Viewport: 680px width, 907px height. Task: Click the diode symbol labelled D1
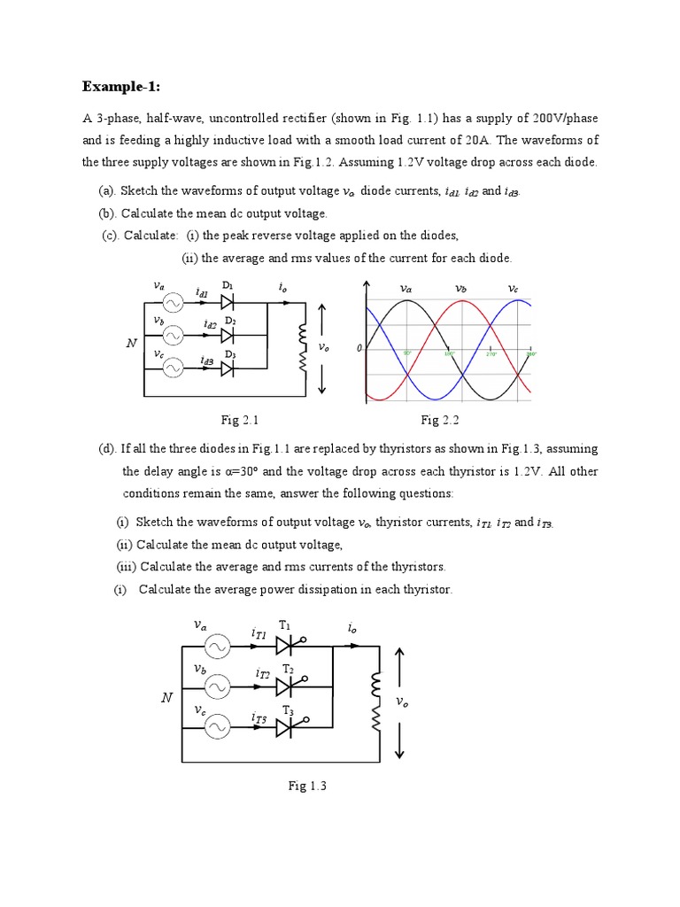(227, 303)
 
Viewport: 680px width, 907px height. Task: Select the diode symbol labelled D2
(227, 336)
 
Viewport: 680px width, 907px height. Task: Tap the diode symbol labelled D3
(227, 368)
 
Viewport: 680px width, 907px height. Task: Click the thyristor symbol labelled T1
(286, 647)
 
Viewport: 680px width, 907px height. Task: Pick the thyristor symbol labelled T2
(286, 686)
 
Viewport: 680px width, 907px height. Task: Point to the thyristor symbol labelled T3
(286, 727)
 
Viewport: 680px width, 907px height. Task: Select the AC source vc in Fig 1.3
(216, 727)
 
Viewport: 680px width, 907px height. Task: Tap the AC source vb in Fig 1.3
(216, 686)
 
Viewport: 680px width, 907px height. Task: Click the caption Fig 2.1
(238, 419)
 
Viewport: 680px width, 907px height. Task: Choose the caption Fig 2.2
(439, 419)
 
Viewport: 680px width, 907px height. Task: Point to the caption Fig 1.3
(307, 786)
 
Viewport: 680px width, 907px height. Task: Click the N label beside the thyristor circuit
(166, 698)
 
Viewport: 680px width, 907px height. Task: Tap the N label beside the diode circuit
(131, 343)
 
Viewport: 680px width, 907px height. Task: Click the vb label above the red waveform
(460, 289)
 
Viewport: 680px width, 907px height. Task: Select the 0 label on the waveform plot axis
(359, 349)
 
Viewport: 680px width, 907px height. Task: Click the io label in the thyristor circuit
(352, 627)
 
